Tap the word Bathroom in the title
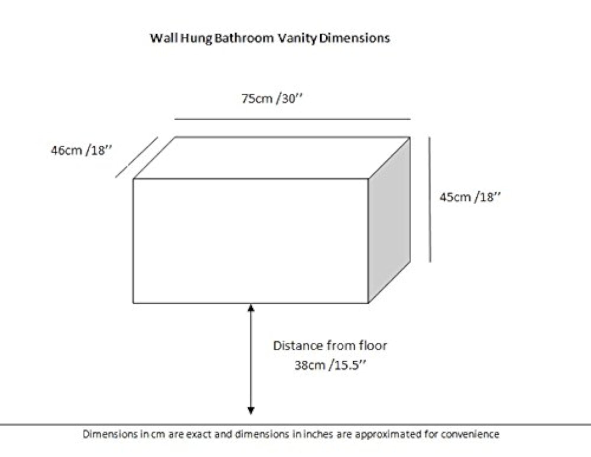point(244,38)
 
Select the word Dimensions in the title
point(355,38)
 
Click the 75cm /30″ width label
point(272,99)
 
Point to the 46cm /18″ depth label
point(82,150)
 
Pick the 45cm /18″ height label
point(470,197)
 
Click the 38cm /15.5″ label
point(330,365)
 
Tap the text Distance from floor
point(330,346)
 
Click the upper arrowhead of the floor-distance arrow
point(251,308)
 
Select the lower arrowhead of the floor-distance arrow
point(251,411)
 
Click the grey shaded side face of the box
point(389,220)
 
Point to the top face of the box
point(272,158)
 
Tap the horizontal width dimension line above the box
point(293,119)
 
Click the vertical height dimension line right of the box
point(430,200)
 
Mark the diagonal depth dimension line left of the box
point(137,157)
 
